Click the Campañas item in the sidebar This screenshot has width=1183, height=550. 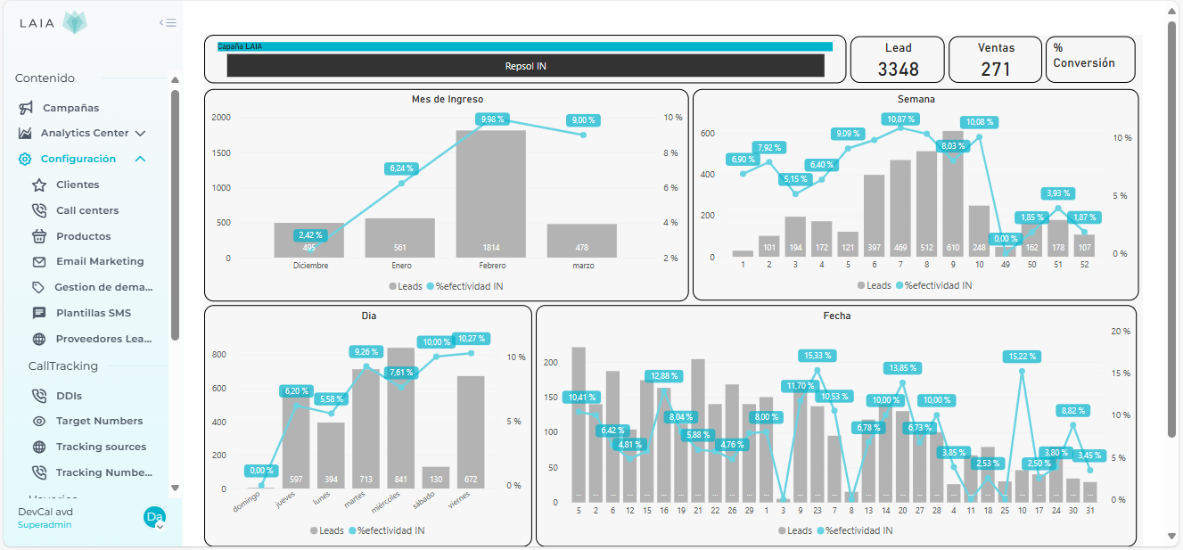coord(70,108)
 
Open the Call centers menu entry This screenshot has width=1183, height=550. coord(86,210)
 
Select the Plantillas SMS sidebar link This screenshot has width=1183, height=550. coord(93,313)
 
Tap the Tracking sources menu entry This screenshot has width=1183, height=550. coord(101,447)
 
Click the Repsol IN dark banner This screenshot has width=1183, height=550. coord(525,66)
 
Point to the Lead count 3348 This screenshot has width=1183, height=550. coord(898,69)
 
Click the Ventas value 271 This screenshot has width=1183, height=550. coord(996,69)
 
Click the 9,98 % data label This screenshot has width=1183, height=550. coord(492,119)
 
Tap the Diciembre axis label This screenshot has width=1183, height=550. coord(310,266)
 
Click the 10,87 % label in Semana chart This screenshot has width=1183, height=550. coord(901,119)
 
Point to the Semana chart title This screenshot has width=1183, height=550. coord(916,99)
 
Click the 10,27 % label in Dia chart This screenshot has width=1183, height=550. coord(470,339)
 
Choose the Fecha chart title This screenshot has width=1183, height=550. coord(836,316)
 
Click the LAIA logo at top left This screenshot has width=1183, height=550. coord(53,23)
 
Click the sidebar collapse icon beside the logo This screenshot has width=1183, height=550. coord(168,23)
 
